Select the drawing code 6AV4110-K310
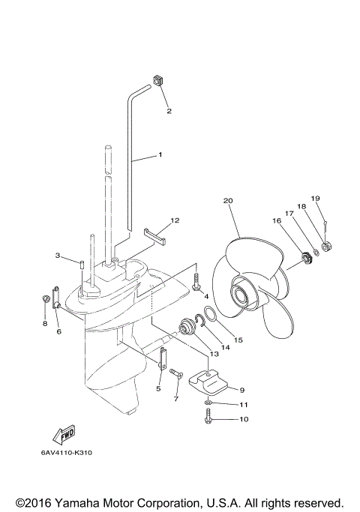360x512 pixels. coord(67,453)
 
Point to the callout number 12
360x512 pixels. coord(174,220)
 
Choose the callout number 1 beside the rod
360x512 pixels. coord(160,154)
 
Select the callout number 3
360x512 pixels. coord(58,256)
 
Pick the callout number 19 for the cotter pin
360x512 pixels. coord(316,198)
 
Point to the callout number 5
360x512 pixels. coord(159,388)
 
